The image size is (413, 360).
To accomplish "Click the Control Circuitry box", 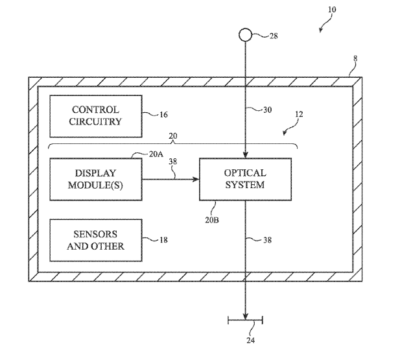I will pyautogui.click(x=95, y=115).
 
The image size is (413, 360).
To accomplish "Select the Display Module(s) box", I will pyautogui.click(x=95, y=179).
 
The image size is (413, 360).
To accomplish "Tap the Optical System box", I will pyautogui.click(x=244, y=179).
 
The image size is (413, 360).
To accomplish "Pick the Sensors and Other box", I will pyautogui.click(x=95, y=241).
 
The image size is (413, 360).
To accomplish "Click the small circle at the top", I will pyautogui.click(x=244, y=36).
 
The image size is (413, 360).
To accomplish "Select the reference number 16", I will pyautogui.click(x=163, y=115).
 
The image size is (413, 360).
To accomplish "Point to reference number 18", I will pyautogui.click(x=163, y=240).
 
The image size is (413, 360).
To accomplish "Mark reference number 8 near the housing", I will pyautogui.click(x=354, y=58).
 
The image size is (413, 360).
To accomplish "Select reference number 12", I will pyautogui.click(x=298, y=114).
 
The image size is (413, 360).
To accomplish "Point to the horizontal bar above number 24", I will pyautogui.click(x=244, y=320).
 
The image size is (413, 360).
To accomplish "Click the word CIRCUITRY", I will pyautogui.click(x=96, y=121).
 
